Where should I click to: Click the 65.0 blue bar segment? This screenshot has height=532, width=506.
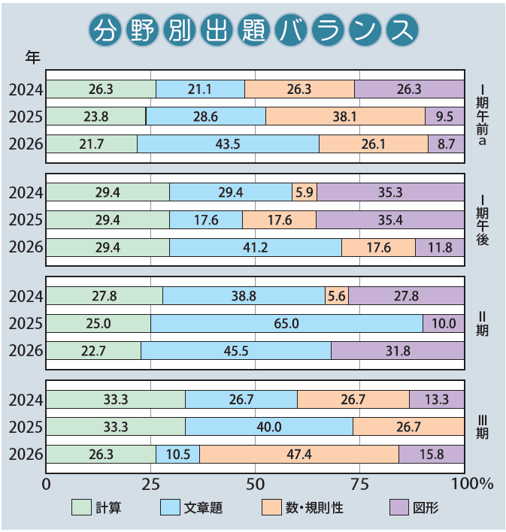tap(286, 324)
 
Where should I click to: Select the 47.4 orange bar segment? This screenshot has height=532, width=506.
tap(299, 455)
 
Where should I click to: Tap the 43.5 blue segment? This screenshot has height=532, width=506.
tap(228, 144)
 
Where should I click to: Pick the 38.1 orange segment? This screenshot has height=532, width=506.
tap(345, 116)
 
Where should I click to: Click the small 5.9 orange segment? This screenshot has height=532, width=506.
tap(304, 193)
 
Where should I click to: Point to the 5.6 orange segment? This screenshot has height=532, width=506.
tap(336, 296)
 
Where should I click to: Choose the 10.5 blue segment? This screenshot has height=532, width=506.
tap(177, 455)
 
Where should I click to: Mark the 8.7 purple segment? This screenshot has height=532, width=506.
tap(446, 144)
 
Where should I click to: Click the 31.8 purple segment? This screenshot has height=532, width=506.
tap(397, 351)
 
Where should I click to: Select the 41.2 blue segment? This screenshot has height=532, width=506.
tap(256, 248)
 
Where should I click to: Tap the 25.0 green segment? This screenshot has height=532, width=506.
tap(98, 324)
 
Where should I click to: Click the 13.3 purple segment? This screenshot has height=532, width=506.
tap(436, 399)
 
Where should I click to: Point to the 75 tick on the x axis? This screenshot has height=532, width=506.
tap(359, 483)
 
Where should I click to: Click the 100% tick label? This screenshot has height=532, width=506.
tap(470, 483)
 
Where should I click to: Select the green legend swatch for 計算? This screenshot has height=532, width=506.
tap(81, 509)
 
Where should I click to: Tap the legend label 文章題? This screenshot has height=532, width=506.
tap(203, 509)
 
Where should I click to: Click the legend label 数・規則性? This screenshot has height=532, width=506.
tap(314, 509)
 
